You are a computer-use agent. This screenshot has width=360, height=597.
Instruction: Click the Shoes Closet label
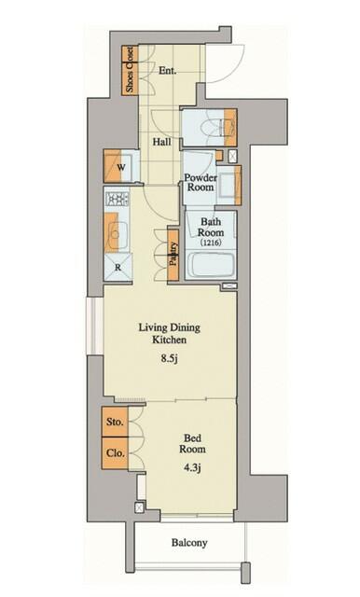pyautogui.click(x=130, y=70)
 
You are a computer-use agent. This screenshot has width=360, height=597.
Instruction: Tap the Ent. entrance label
pyautogui.click(x=168, y=71)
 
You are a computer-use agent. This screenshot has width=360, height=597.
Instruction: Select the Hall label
pyautogui.click(x=161, y=142)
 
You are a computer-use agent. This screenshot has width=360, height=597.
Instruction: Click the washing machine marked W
pyautogui.click(x=118, y=167)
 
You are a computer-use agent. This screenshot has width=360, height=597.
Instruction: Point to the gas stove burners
pyautogui.click(x=118, y=199)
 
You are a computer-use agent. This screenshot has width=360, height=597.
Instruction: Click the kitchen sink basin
pyautogui.click(x=118, y=233)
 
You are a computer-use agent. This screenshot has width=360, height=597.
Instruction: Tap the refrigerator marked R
pyautogui.click(x=118, y=268)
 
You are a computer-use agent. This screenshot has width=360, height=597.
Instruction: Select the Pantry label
pyautogui.click(x=173, y=254)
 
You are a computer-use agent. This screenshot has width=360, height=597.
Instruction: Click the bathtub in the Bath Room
pyautogui.click(x=211, y=265)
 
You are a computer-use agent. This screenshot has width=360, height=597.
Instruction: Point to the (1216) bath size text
pyautogui.click(x=211, y=243)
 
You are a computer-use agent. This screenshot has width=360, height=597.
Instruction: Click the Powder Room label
pyautogui.click(x=201, y=183)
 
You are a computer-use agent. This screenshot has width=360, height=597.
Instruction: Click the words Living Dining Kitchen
pyautogui.click(x=170, y=334)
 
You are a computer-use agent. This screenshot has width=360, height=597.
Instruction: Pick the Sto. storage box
pyautogui.click(x=115, y=422)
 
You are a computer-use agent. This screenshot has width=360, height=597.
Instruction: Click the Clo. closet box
pyautogui.click(x=115, y=453)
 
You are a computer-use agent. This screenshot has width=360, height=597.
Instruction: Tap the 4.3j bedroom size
pyautogui.click(x=192, y=467)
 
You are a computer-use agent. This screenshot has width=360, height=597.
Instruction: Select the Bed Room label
pyautogui.click(x=192, y=444)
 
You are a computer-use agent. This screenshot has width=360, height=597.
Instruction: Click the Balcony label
pyautogui.click(x=189, y=543)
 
